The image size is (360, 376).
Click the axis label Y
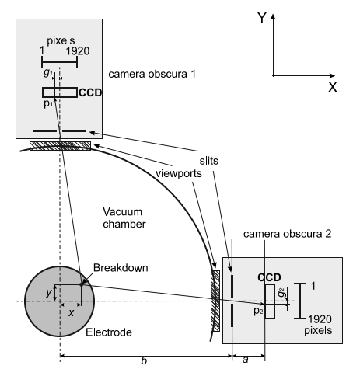(x=262, y=18)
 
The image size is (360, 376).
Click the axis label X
(x=332, y=87)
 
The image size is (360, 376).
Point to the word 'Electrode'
(x=107, y=332)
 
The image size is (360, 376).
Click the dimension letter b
(x=143, y=364)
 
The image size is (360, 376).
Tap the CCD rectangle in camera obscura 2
(x=270, y=302)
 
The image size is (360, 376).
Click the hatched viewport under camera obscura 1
(x=60, y=145)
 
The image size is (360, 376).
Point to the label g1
(x=48, y=71)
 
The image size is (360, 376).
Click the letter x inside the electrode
(x=71, y=312)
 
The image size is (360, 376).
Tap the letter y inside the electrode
(x=48, y=292)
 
